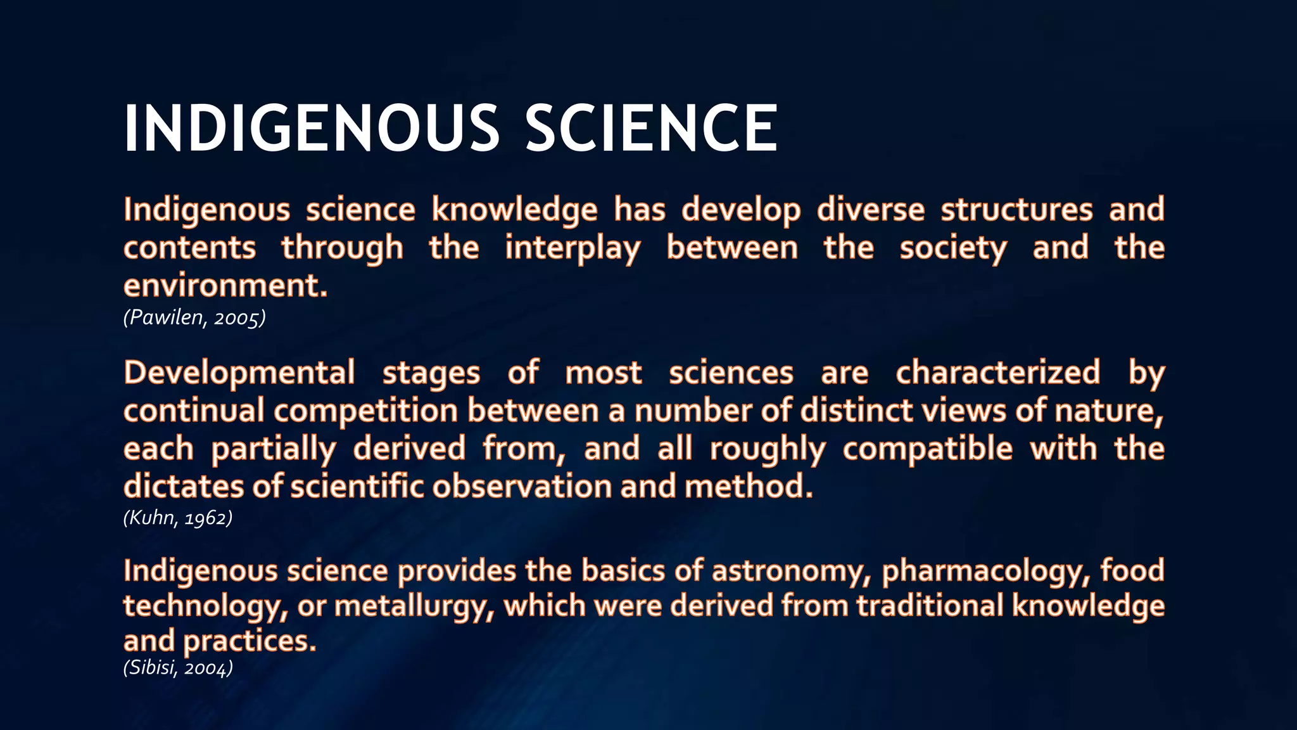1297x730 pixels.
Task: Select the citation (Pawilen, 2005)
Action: coord(194,317)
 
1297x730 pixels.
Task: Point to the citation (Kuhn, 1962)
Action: coord(178,518)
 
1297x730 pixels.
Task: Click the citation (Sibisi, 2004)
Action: coord(178,668)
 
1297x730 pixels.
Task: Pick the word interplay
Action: coord(573,248)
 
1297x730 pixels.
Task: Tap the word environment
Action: coord(225,286)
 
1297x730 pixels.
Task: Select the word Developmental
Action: coord(239,373)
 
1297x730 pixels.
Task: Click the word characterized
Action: coord(997,373)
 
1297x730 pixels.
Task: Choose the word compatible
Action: coord(927,449)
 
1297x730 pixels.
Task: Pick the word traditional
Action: coord(929,605)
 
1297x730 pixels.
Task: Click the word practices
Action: coord(249,641)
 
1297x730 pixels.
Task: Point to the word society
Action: coord(952,248)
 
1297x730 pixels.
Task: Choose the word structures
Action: coord(1016,210)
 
